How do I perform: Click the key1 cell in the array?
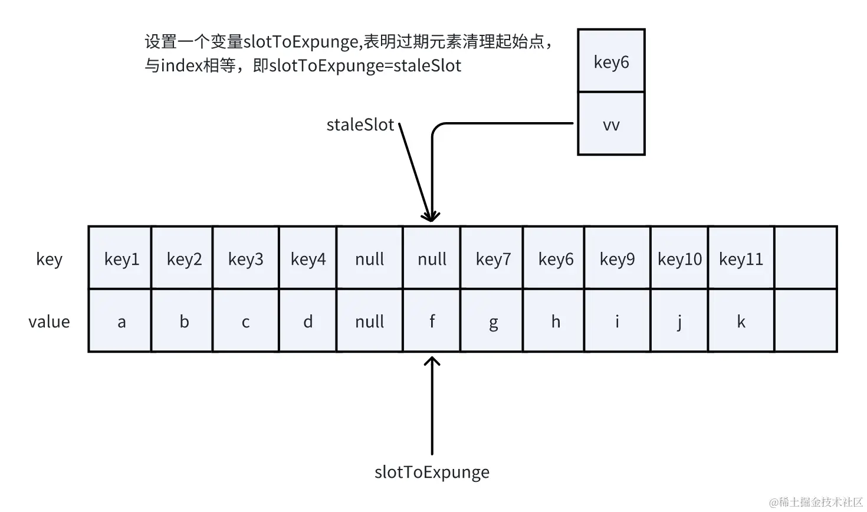tap(121, 259)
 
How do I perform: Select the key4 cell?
tap(308, 259)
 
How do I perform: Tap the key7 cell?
tap(493, 259)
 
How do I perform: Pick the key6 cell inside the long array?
tap(556, 259)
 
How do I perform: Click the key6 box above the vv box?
tap(611, 61)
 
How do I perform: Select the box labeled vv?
tap(611, 124)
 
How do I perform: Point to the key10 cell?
tap(679, 259)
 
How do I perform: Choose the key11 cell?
tap(741, 259)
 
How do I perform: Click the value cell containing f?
tap(432, 321)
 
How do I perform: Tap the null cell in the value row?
tap(370, 321)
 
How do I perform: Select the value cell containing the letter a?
tap(121, 321)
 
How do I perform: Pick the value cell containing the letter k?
tap(741, 321)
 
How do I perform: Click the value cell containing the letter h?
tap(556, 321)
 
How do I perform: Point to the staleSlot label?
tap(360, 125)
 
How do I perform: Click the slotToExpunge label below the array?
tap(432, 472)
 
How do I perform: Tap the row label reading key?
tap(49, 259)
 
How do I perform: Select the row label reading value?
tap(49, 321)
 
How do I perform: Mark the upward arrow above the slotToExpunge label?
tap(432, 407)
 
